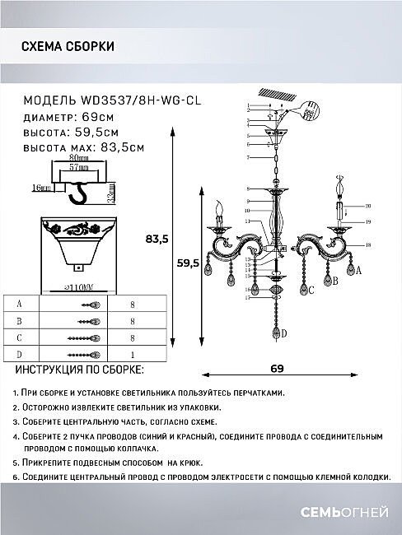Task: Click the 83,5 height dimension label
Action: click(x=157, y=240)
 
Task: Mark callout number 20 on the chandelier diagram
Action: click(x=368, y=206)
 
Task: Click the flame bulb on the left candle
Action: click(x=218, y=205)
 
